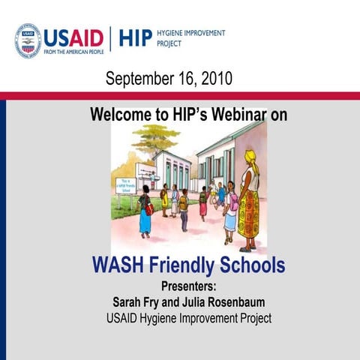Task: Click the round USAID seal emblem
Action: pyautogui.click(x=28, y=40)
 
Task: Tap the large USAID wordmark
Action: pyautogui.click(x=74, y=37)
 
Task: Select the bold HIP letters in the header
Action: pyautogui.click(x=134, y=37)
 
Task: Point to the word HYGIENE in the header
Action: pyautogui.click(x=173, y=33)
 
